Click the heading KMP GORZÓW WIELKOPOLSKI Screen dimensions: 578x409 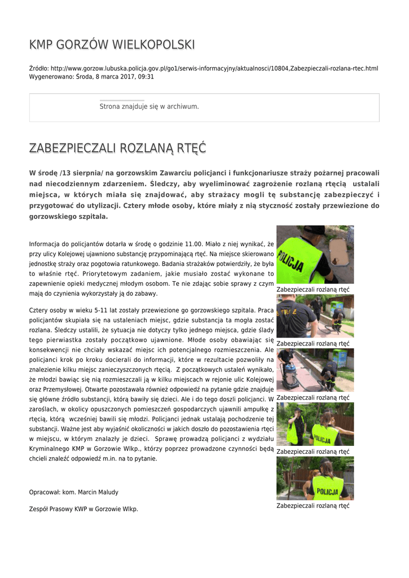(x=112, y=45)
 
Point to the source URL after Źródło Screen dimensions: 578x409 (x=214, y=68)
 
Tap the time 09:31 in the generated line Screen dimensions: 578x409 (x=146, y=76)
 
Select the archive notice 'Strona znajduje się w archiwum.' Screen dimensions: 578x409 (x=149, y=106)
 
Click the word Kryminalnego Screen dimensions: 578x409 (x=51, y=449)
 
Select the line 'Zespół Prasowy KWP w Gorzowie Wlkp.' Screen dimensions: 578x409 (x=83, y=509)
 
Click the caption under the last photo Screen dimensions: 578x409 (x=313, y=506)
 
